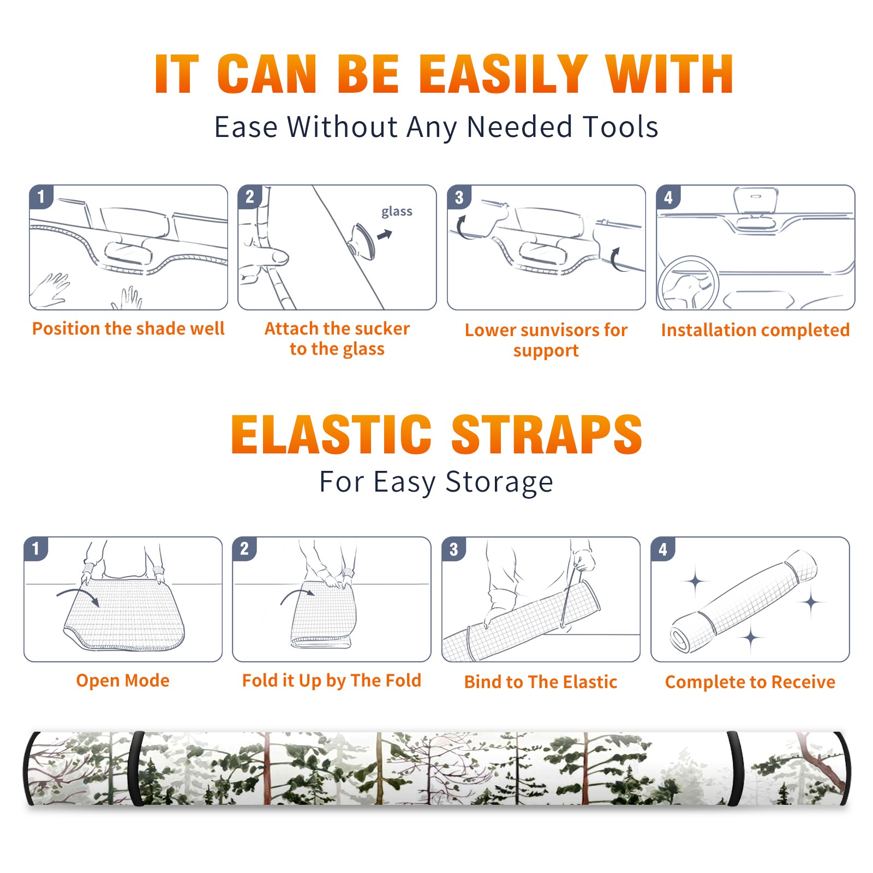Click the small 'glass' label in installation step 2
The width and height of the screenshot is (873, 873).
click(397, 211)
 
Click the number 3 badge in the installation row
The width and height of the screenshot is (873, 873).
click(459, 198)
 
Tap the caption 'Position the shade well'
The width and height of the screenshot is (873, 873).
click(128, 328)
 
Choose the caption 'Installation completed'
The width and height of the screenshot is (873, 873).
click(755, 330)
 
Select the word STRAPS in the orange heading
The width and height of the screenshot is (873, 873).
click(547, 434)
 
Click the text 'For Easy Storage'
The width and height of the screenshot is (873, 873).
click(436, 482)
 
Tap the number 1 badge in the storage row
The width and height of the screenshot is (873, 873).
click(36, 548)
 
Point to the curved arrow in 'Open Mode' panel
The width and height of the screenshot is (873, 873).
click(78, 596)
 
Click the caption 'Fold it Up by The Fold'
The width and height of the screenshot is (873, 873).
click(332, 680)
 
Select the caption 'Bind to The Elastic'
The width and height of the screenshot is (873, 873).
click(541, 681)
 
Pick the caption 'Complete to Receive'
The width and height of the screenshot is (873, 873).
click(750, 682)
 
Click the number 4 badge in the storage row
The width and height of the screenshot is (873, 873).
click(663, 549)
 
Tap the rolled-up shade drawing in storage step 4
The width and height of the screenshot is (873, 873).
click(744, 601)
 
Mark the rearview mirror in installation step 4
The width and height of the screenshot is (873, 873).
click(755, 201)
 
